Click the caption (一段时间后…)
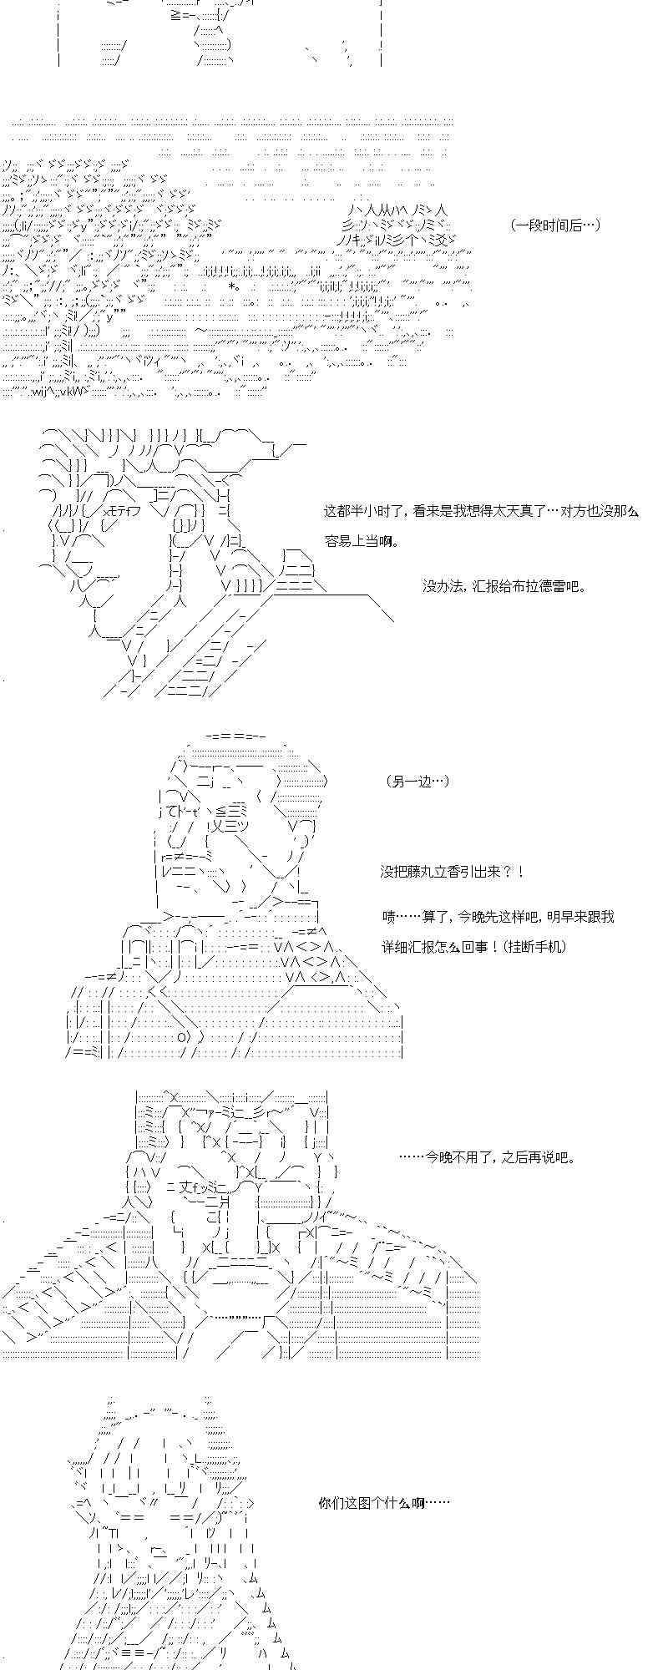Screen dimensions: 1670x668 click(x=554, y=225)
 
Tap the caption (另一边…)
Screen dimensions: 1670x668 click(x=418, y=781)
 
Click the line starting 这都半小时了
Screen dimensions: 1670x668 click(x=482, y=511)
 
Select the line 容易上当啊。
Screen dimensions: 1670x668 click(x=362, y=541)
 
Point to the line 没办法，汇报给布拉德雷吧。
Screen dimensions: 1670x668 click(x=504, y=586)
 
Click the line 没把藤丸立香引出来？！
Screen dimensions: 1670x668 click(x=454, y=872)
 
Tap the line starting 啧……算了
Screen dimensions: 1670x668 click(x=498, y=917)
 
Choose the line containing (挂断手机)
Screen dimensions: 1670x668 click(x=474, y=947)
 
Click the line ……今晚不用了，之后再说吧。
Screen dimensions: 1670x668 click(x=488, y=1157)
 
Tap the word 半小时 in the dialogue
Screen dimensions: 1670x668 click(x=372, y=511)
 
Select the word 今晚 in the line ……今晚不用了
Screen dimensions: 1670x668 click(x=440, y=1157)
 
